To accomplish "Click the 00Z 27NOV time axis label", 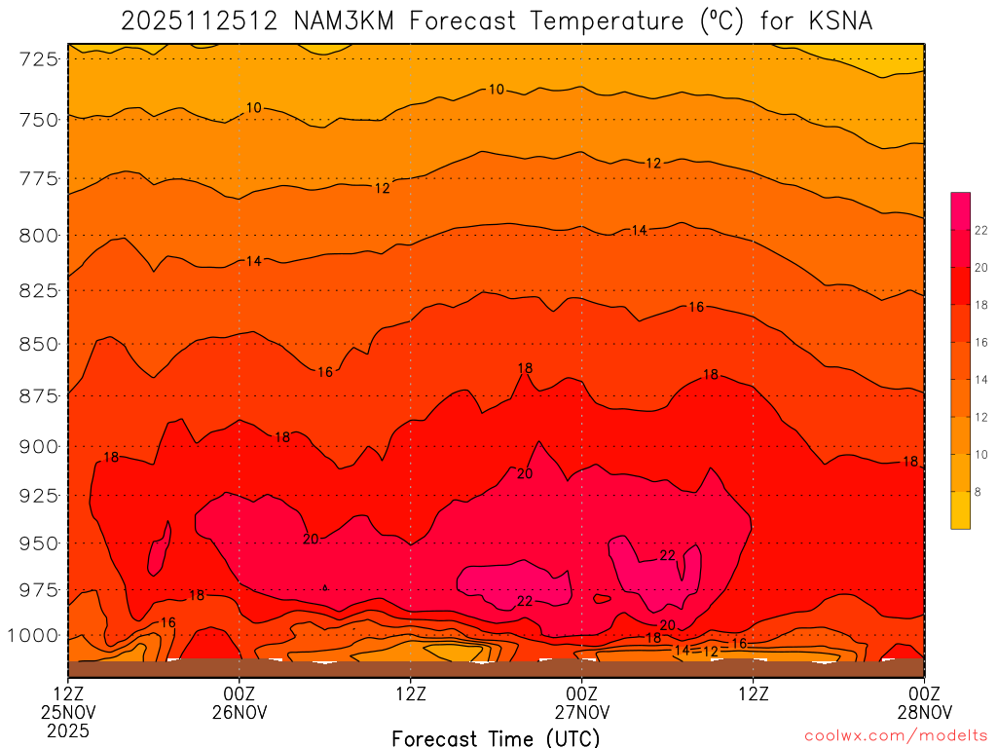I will point(582,703).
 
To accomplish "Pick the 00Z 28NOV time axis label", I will point(923,703).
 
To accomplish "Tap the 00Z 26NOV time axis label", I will point(240,703).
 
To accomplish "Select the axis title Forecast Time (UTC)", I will point(496,737).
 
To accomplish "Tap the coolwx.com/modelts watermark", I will point(896,736).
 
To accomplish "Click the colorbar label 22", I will point(981,231).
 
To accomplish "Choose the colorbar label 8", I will point(978,493).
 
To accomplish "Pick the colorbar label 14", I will point(981,380).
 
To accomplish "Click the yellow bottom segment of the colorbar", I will point(961,510).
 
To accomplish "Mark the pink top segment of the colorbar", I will point(961,210).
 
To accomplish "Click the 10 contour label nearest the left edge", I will point(254,108).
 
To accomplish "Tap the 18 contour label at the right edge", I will point(910,462).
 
